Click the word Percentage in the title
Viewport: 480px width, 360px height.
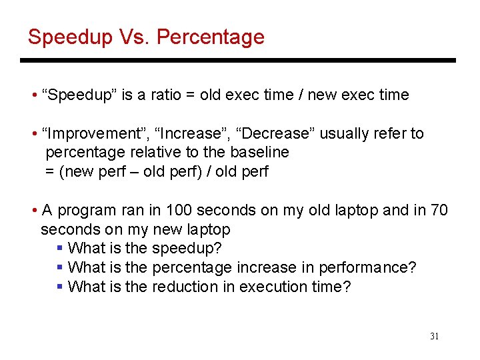211,37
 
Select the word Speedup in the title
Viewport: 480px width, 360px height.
70,37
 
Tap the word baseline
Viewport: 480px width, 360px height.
259,152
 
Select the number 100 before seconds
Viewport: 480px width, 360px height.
179,211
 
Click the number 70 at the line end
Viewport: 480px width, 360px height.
439,211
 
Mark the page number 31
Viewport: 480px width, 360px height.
434,337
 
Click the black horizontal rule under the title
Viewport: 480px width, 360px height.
237,61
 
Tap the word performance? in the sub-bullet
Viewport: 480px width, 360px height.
367,268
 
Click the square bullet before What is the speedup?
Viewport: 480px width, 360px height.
60,249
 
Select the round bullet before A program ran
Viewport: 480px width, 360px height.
34,211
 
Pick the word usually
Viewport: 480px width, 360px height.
344,133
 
